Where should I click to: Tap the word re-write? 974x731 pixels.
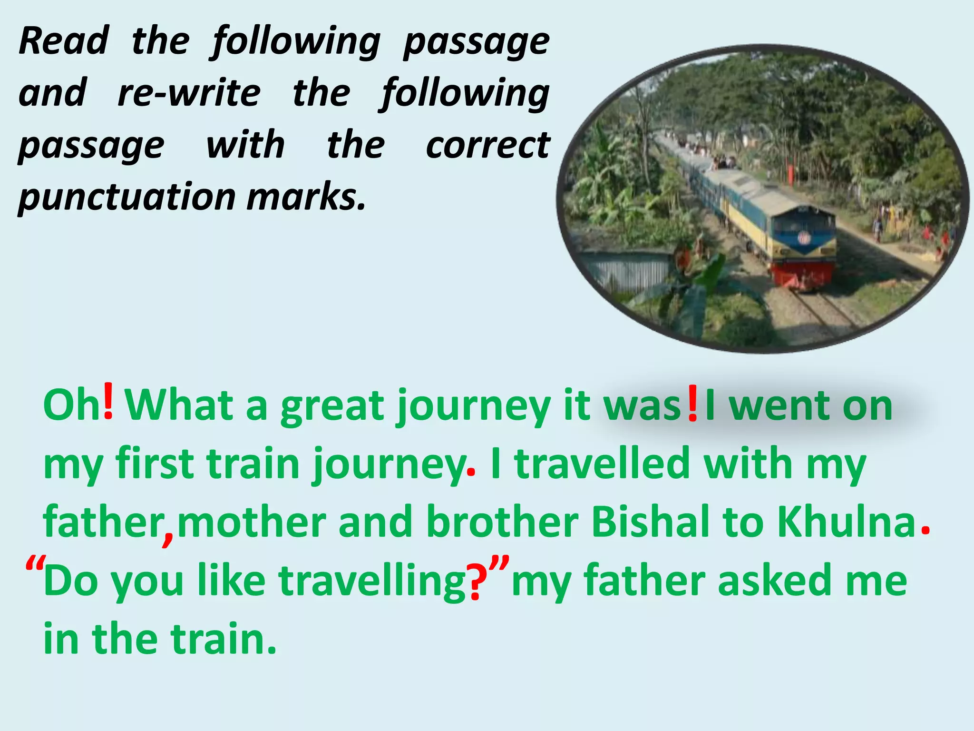coord(189,93)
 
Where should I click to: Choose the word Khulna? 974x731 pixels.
coord(846,522)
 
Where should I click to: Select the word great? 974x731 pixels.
coord(332,407)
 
